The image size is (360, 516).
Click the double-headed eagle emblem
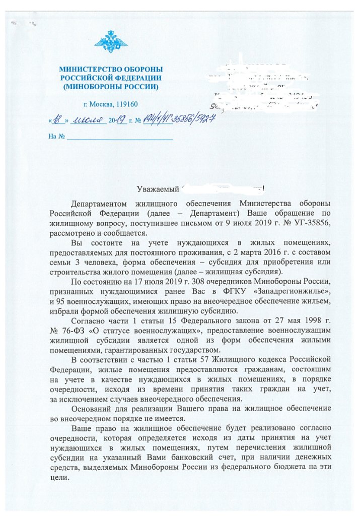111,42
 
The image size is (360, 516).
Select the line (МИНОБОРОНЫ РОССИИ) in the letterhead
111,87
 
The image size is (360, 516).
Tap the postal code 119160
126,104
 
